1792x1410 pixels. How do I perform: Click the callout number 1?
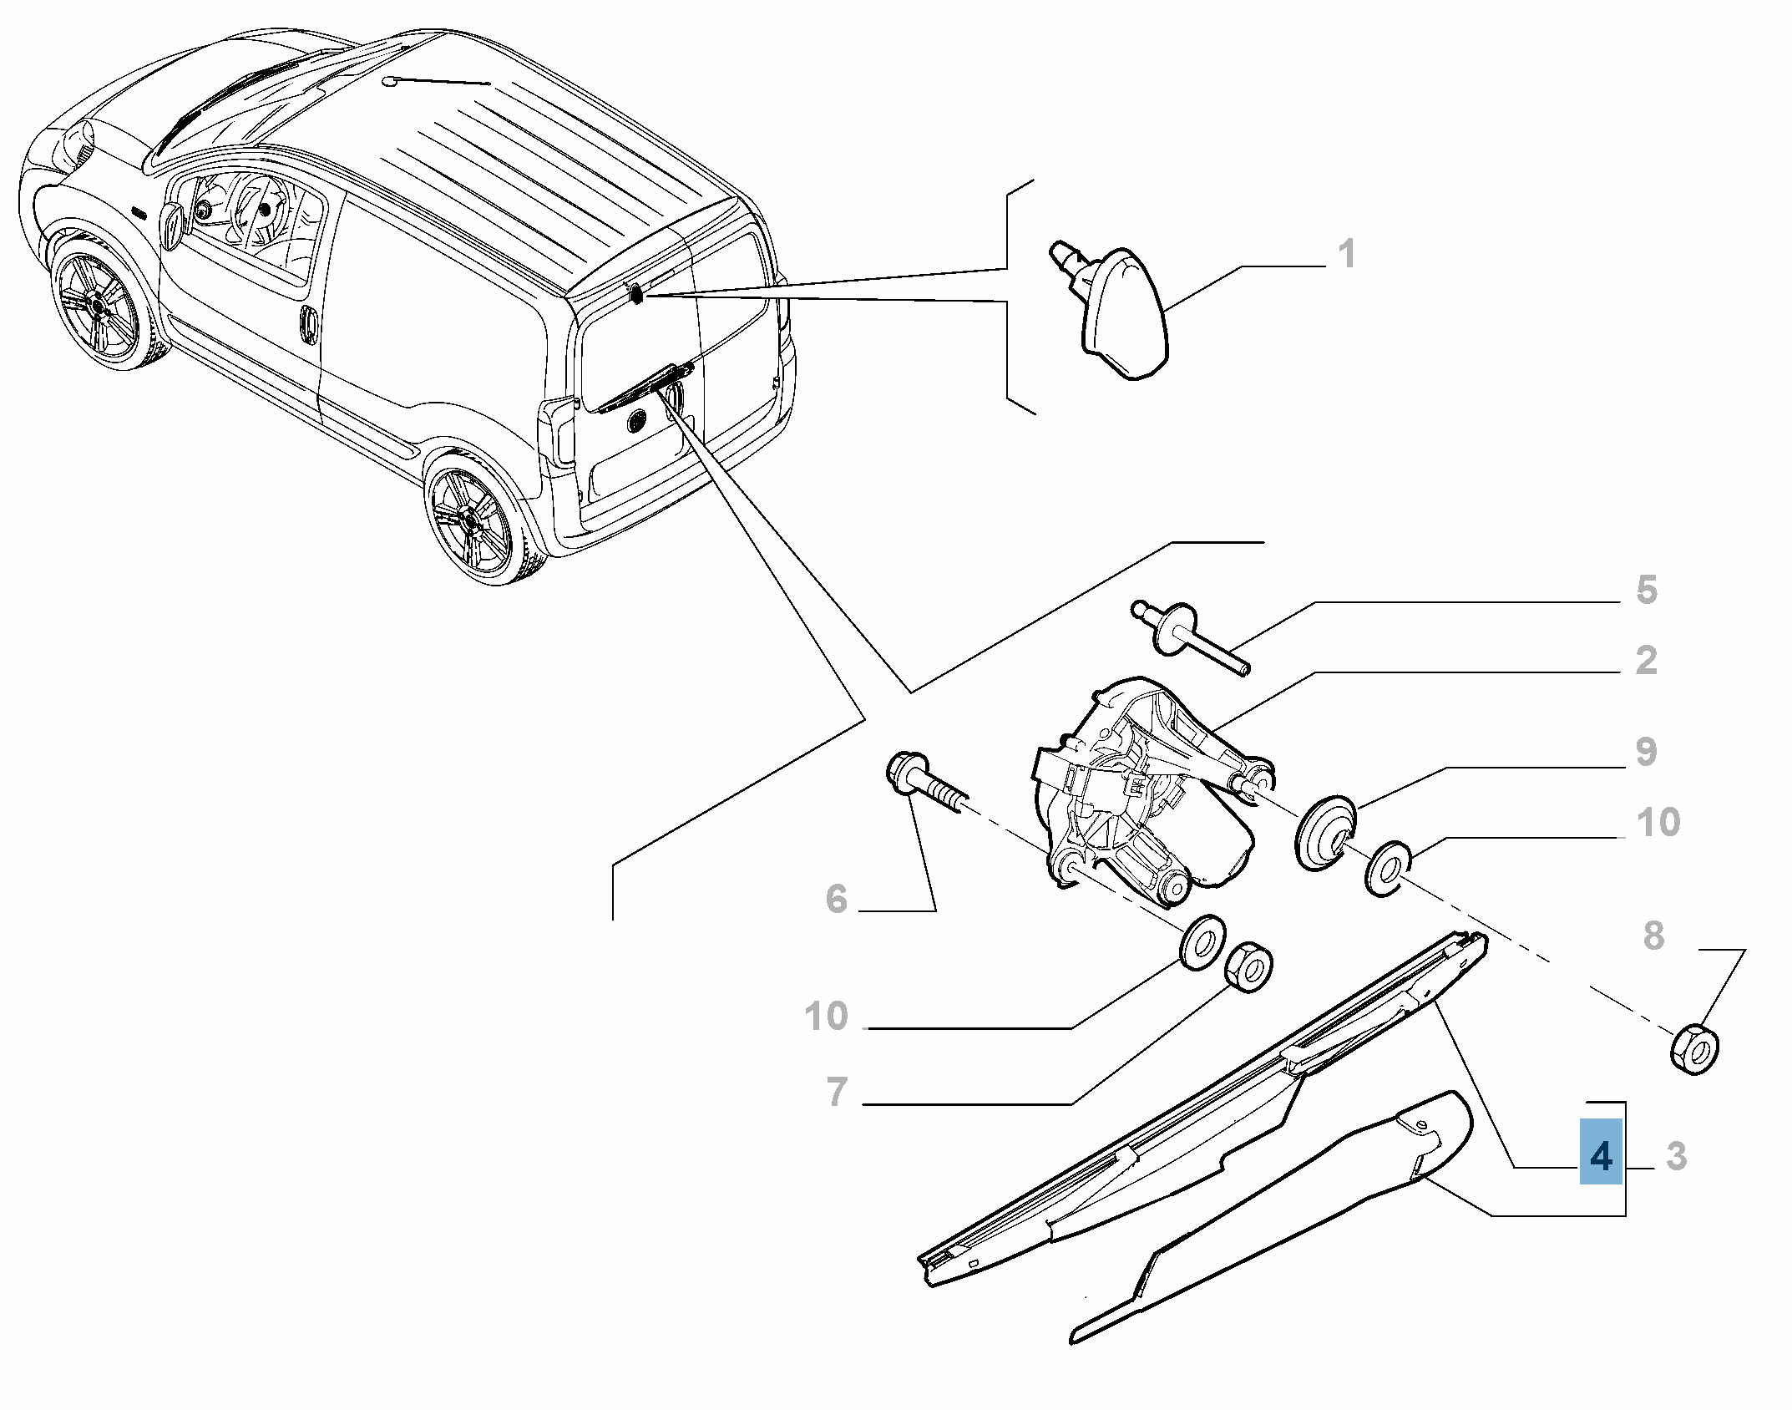point(1346,254)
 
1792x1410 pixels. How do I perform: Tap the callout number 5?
point(1646,590)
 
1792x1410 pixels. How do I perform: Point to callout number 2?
point(1646,660)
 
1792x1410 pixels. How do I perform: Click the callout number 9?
point(1646,751)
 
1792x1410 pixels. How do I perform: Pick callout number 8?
point(1653,935)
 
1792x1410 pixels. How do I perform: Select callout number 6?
point(836,900)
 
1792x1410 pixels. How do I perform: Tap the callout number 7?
point(836,1092)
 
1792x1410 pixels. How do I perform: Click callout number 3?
point(1675,1157)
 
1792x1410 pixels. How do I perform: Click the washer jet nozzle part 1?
point(1115,313)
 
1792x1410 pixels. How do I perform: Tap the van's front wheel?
point(99,307)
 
